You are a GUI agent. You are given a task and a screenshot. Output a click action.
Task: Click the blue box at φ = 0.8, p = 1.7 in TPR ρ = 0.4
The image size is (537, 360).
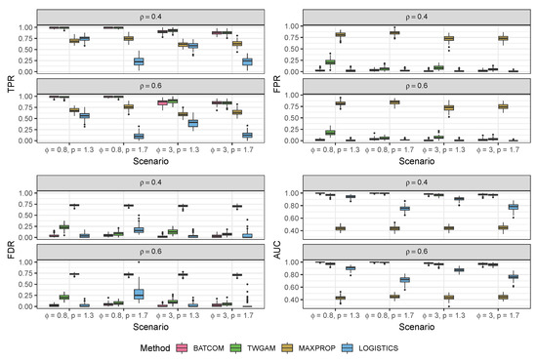click(x=139, y=61)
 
